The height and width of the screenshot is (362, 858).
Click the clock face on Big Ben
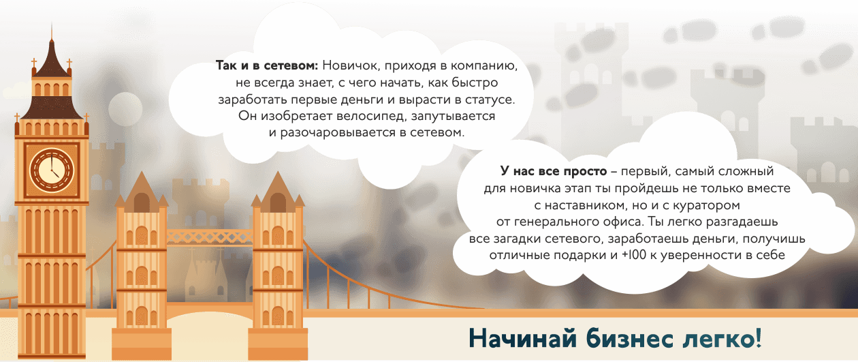(x=52, y=170)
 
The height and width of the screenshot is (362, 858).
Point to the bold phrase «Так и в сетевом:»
(x=267, y=65)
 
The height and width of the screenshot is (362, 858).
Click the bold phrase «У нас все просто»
(x=554, y=171)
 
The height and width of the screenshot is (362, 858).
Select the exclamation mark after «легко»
(x=757, y=337)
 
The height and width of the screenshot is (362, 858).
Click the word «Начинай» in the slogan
(x=522, y=338)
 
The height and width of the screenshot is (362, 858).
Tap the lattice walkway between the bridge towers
(x=210, y=237)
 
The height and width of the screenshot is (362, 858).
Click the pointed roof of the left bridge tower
(x=142, y=191)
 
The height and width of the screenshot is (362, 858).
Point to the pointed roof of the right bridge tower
(x=278, y=191)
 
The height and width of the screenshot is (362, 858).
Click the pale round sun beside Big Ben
(x=125, y=109)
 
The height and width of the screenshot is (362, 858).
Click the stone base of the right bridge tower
(x=278, y=344)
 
